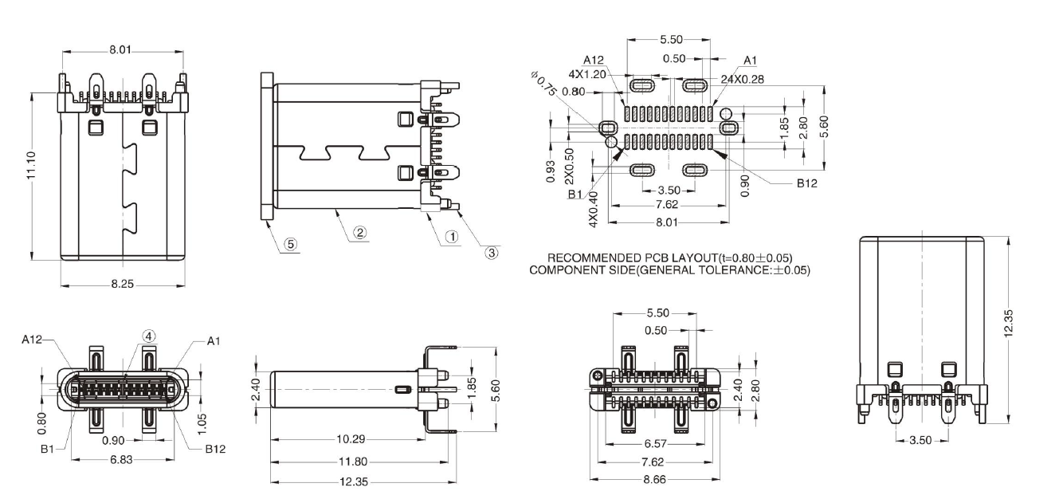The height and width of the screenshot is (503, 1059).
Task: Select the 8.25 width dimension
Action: (x=123, y=285)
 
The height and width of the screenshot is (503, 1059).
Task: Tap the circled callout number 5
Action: (x=291, y=245)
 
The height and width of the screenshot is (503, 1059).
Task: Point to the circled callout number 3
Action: (x=492, y=253)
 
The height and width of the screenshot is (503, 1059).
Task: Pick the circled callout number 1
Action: (x=450, y=237)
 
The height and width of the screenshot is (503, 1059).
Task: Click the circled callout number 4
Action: (x=148, y=336)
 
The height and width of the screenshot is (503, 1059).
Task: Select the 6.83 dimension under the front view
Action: (x=122, y=461)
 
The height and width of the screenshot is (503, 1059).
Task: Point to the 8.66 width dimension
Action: (x=654, y=480)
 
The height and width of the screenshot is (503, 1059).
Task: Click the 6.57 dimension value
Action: (x=654, y=443)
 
